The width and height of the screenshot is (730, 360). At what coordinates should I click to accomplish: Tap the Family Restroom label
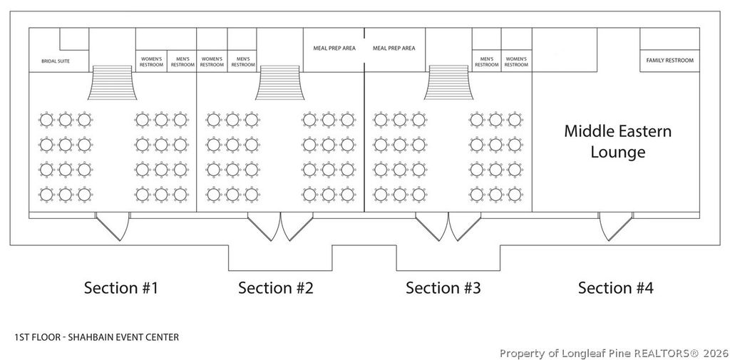pyautogui.click(x=669, y=61)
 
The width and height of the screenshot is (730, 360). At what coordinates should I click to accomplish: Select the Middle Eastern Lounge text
pyautogui.click(x=617, y=141)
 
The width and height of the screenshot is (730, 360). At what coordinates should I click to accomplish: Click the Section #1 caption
pyautogui.click(x=120, y=288)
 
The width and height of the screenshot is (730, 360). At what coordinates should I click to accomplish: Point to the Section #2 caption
pyautogui.click(x=275, y=288)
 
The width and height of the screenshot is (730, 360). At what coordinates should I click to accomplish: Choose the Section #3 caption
pyautogui.click(x=443, y=288)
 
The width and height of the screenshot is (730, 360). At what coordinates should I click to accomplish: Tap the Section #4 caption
pyautogui.click(x=615, y=288)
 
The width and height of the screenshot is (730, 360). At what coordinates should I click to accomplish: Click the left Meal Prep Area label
pyautogui.click(x=334, y=48)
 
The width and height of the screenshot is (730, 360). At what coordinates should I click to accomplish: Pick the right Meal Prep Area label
pyautogui.click(x=394, y=48)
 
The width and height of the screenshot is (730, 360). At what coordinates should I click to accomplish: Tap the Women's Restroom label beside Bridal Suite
pyautogui.click(x=150, y=61)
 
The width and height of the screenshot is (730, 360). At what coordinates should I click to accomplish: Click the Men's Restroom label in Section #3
pyautogui.click(x=487, y=61)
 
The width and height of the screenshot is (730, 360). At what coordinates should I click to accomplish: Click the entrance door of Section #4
pyautogui.click(x=615, y=227)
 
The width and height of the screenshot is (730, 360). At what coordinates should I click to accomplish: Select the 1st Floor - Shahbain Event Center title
pyautogui.click(x=96, y=336)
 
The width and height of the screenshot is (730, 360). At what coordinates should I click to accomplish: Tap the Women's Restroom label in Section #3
pyautogui.click(x=516, y=61)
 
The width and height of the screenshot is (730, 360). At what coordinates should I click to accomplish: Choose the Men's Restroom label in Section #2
pyautogui.click(x=243, y=61)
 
